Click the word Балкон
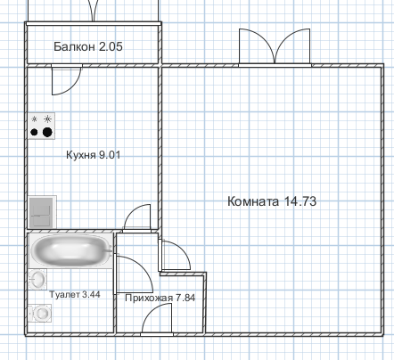[x=74, y=46]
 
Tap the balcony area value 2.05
[x=111, y=46]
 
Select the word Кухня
[x=80, y=155]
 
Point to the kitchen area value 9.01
[x=110, y=155]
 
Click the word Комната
[x=253, y=201]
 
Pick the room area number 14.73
[x=300, y=201]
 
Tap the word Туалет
[x=64, y=294]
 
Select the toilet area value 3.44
[x=91, y=294]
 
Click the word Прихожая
[x=149, y=298]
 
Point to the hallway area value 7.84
[x=185, y=298]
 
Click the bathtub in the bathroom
[x=70, y=251]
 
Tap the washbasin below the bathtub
[x=37, y=280]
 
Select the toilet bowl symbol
[x=40, y=313]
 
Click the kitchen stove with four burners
[x=42, y=126]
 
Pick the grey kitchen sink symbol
[x=42, y=212]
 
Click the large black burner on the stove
[x=47, y=132]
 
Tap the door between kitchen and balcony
[x=67, y=79]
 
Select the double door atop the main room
[x=275, y=47]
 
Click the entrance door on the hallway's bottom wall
[x=157, y=320]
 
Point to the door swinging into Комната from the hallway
[x=176, y=255]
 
